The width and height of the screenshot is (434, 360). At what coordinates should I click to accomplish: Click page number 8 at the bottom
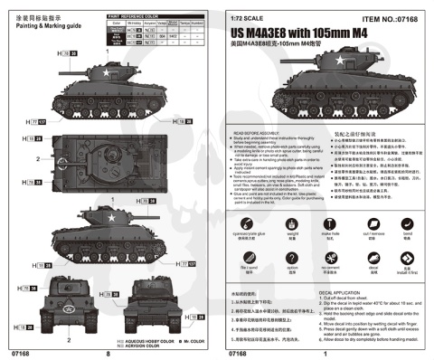pyautogui.click(x=108, y=354)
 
